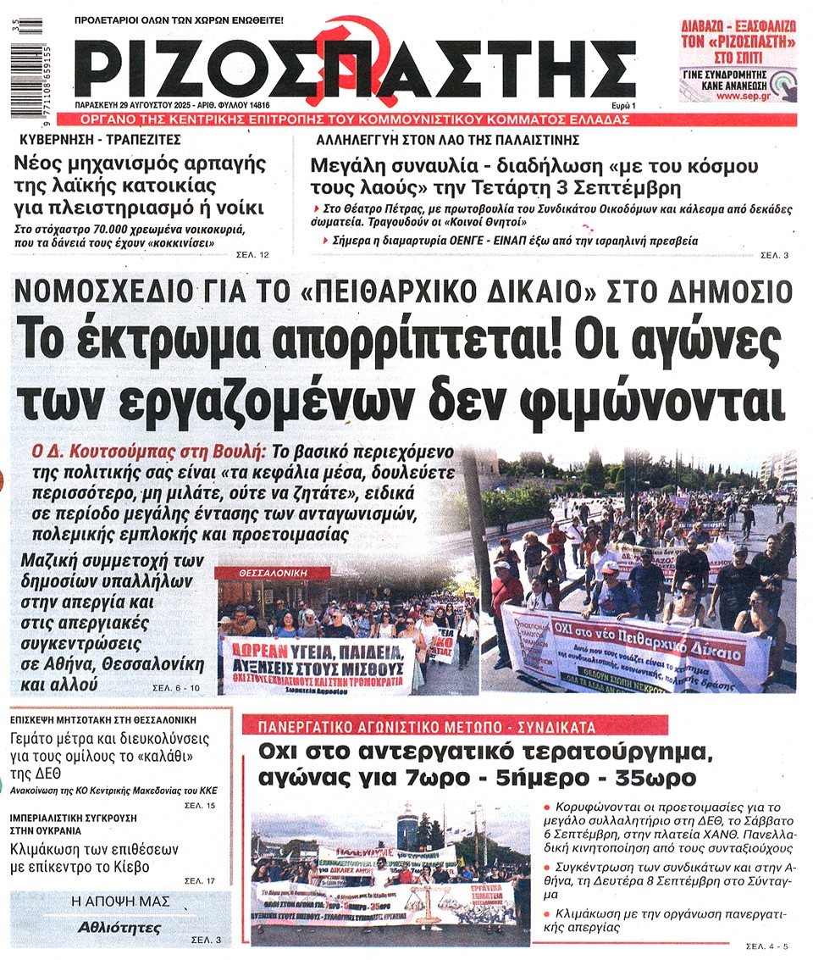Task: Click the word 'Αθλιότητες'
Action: tap(119, 926)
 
